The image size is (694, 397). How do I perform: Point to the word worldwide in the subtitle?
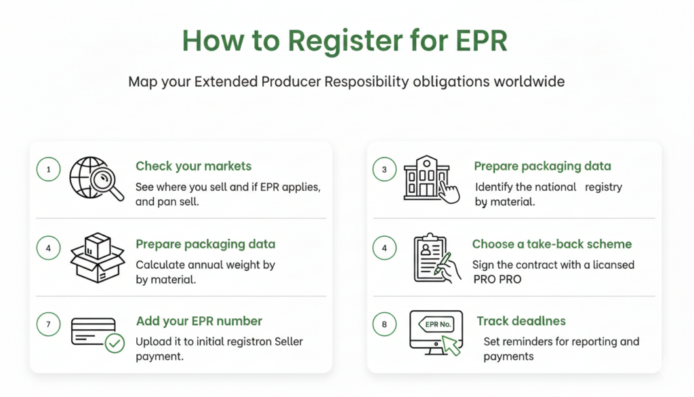[x=529, y=82]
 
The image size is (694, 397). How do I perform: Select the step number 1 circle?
[x=48, y=170]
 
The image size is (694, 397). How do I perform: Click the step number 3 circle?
[x=384, y=170]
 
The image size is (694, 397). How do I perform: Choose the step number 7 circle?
[x=48, y=324]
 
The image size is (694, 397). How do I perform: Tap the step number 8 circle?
[x=384, y=324]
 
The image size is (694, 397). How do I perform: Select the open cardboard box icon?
[x=98, y=258]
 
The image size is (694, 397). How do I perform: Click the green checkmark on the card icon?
[x=115, y=344]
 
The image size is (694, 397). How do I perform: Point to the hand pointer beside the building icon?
[x=447, y=191]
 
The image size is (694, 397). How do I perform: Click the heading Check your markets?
[x=193, y=166]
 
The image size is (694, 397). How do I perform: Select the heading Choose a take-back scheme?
[x=552, y=244]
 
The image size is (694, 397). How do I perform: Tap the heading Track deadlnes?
[x=520, y=321]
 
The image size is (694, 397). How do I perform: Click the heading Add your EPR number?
[x=199, y=321]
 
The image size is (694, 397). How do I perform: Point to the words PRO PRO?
[x=497, y=279]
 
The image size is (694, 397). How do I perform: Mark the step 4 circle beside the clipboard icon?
[x=384, y=248]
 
